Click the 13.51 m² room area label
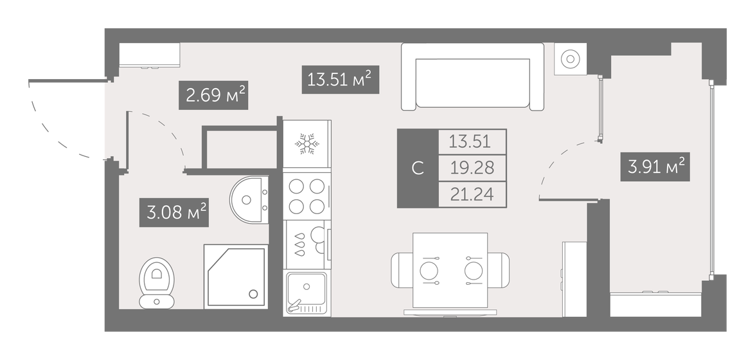click(340, 80)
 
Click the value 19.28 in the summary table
click(472, 168)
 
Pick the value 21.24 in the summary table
click(472, 194)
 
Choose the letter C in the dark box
click(417, 168)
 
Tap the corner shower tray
click(235, 276)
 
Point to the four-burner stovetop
click(306, 196)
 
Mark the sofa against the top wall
click(472, 77)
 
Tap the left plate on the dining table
click(429, 270)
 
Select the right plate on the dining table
click(474, 270)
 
